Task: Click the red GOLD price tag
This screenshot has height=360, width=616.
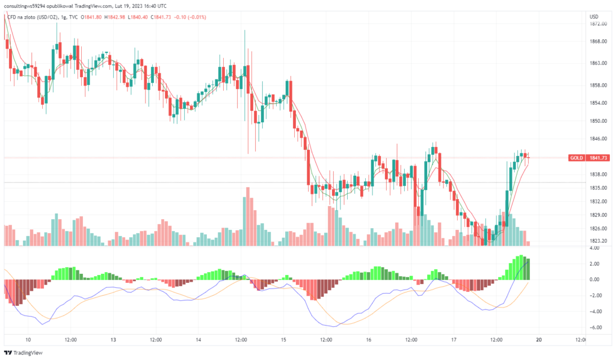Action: click(x=576, y=158)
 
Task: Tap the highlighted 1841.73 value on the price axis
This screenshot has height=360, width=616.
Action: click(x=599, y=158)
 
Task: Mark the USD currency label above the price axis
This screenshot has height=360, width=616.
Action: click(x=594, y=16)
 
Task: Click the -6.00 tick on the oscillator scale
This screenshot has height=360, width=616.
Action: click(x=595, y=328)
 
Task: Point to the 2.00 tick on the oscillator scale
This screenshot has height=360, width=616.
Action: click(x=596, y=264)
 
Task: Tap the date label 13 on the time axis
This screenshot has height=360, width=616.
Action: click(x=113, y=340)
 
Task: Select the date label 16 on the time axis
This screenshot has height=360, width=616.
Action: click(x=368, y=340)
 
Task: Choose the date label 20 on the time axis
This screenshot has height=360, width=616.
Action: click(x=539, y=340)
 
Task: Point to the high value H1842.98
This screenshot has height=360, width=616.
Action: click(x=114, y=17)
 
